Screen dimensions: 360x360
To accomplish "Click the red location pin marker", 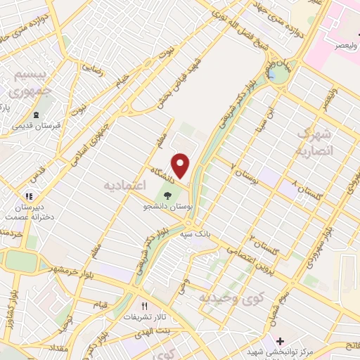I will click(181, 166).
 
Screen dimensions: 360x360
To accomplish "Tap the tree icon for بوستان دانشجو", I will click(167, 196).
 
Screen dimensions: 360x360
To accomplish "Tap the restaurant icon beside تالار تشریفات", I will click(145, 306).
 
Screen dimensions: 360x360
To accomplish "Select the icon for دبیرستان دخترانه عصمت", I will click(28, 198).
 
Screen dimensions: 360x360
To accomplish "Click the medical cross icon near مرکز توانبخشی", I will click(280, 340).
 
